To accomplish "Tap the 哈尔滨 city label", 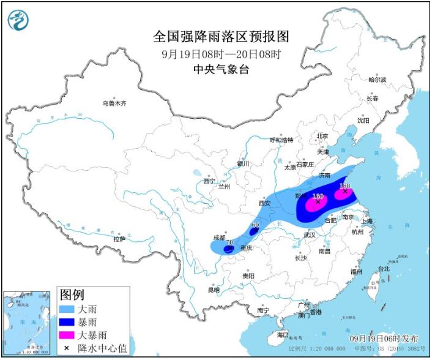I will coord(377,80).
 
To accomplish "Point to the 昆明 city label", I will coord(214,289).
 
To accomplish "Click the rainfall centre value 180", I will coord(344,185).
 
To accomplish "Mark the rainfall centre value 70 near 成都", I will coord(229,243).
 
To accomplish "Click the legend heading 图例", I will coord(71,294).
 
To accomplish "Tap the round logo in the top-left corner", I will coord(19,21).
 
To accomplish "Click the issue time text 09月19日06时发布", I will coord(384,339).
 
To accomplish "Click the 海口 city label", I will coord(282,336).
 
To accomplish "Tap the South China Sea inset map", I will coord(28,323).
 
